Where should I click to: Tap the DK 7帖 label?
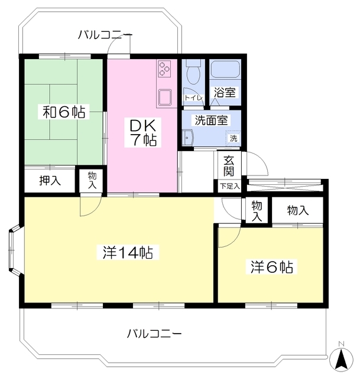[142, 132]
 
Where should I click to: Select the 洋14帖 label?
[128, 253]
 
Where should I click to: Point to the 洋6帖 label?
[270, 268]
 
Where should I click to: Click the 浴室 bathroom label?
[225, 93]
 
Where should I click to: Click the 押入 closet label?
[50, 181]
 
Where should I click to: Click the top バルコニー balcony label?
[105, 35]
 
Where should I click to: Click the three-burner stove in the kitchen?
[164, 69]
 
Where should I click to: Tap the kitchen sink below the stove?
[164, 96]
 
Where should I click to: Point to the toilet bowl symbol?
[192, 74]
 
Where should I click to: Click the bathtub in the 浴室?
[225, 72]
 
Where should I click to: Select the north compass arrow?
[340, 358]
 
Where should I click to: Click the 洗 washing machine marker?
[233, 138]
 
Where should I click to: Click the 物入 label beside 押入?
[93, 180]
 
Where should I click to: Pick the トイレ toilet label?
[193, 98]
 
